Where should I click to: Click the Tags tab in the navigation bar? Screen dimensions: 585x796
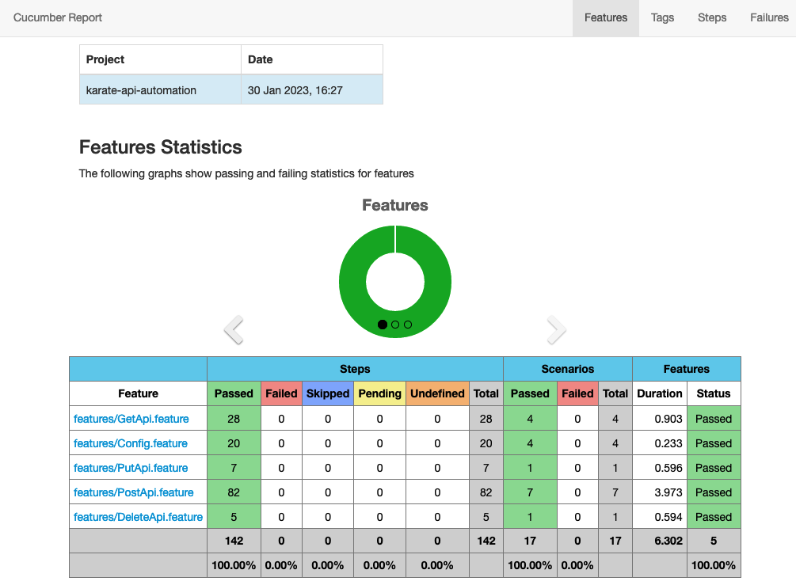(662, 17)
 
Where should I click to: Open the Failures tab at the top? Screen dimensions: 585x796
(768, 17)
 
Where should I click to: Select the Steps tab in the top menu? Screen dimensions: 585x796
(711, 17)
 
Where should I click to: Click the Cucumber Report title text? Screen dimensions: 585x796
(58, 17)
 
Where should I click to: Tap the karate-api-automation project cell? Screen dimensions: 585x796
(141, 90)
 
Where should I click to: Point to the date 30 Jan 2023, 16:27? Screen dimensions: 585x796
(295, 90)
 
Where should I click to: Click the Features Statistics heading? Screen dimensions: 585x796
(161, 147)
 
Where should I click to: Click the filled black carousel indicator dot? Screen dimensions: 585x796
(383, 325)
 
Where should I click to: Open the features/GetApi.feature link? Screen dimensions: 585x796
(130, 419)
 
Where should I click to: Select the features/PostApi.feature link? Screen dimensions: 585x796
(133, 492)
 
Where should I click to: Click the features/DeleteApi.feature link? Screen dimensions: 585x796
(138, 517)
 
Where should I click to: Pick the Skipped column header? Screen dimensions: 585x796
(327, 393)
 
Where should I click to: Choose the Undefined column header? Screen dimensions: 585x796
(436, 393)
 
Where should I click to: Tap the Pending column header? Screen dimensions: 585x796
(379, 393)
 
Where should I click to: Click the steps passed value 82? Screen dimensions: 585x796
(234, 492)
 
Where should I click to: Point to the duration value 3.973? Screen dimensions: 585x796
(668, 492)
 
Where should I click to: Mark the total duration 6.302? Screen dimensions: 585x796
(668, 541)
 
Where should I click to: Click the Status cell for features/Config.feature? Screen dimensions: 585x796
(714, 443)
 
